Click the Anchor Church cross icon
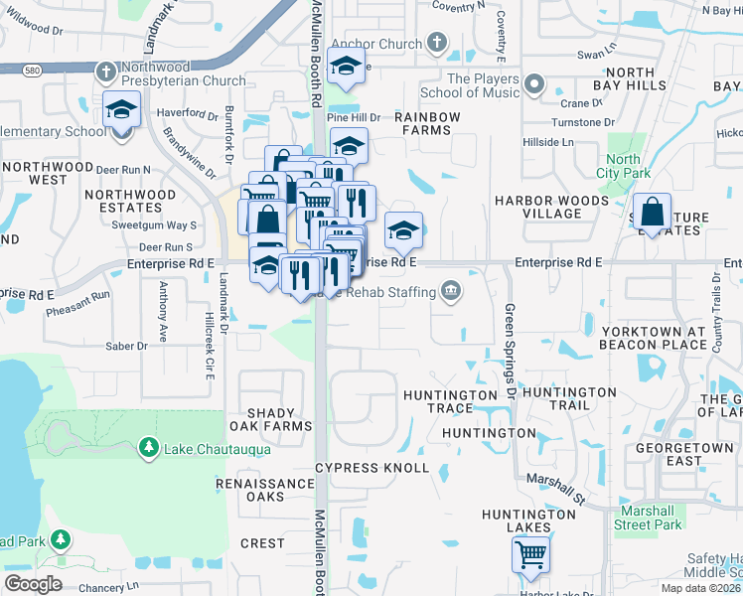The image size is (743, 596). point(436,43)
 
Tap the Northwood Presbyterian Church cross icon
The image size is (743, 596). point(106,72)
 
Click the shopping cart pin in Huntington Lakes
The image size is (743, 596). point(531,556)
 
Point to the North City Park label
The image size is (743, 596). point(623,166)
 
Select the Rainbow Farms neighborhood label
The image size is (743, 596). point(427,124)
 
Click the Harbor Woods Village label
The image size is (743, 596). point(551,208)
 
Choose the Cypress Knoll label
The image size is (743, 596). point(371,468)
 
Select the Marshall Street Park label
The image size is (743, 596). point(648,518)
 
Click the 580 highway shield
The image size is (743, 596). point(33,69)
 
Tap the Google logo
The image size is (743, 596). point(33,583)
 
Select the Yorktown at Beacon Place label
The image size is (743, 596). point(654,338)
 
